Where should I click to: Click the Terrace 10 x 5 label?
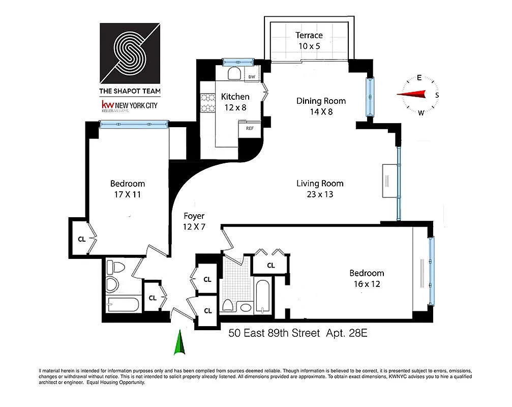coord(310,40)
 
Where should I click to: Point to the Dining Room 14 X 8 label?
coord(321,106)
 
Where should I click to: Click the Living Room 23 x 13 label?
coord(320,188)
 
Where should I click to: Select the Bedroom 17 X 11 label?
coord(128,189)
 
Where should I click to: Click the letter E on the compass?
coord(419,78)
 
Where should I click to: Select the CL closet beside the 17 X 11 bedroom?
coord(81,238)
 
